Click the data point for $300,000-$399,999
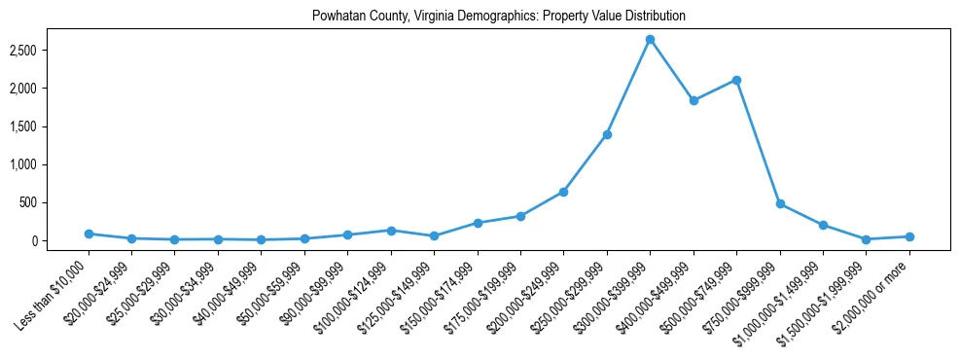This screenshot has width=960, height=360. [x=650, y=39]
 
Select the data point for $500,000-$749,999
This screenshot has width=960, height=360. [x=736, y=80]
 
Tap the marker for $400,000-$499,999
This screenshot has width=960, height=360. [x=693, y=100]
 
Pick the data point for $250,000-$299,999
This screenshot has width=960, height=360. [x=607, y=134]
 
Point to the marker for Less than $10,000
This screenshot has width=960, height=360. [x=89, y=234]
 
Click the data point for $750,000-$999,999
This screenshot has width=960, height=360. [x=780, y=204]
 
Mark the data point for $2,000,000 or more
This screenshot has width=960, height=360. [x=909, y=236]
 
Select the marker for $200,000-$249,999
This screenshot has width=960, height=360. [x=563, y=192]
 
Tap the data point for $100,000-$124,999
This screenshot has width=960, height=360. [x=391, y=231]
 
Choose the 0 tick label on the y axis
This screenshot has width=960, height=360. [x=59, y=241]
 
